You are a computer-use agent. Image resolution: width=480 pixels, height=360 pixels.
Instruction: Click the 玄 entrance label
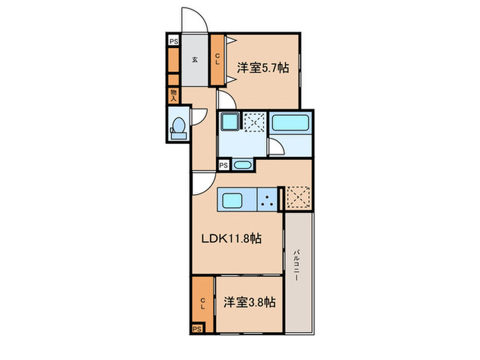[194, 60]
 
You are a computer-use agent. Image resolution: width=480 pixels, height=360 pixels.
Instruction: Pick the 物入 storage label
[173, 95]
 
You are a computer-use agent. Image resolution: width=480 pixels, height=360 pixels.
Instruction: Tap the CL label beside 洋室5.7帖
[217, 60]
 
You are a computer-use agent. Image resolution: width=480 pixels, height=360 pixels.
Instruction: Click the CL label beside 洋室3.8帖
[203, 301]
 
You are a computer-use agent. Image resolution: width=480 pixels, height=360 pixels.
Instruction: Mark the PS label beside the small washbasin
[224, 165]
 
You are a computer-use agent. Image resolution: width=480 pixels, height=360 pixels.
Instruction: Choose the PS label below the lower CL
[197, 328]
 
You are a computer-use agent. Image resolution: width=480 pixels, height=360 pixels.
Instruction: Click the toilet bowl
[180, 128]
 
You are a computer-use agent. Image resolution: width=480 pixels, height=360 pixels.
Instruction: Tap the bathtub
[291, 124]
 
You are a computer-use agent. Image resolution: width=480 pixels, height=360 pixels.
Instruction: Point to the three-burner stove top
[267, 200]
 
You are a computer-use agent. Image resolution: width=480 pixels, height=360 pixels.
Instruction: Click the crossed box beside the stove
[298, 198]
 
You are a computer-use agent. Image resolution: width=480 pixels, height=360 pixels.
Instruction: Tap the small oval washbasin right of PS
[241, 165]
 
